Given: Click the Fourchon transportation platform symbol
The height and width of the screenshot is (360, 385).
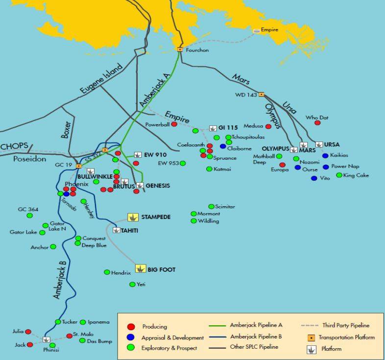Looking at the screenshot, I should (x=180, y=49).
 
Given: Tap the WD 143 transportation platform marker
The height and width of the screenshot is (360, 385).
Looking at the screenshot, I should (x=262, y=94).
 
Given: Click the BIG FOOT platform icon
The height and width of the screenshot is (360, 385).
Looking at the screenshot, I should (x=141, y=269).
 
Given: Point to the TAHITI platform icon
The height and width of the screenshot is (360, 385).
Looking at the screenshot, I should (x=117, y=230).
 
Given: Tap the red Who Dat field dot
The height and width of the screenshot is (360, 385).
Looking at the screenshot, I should (x=317, y=123).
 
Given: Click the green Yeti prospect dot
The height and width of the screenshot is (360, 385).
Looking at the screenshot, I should (x=132, y=285).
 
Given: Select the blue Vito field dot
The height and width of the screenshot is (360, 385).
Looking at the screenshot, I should (x=314, y=178).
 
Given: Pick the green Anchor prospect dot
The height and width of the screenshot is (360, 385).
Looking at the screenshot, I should (x=53, y=247).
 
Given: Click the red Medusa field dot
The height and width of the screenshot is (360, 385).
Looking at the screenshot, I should (x=268, y=127).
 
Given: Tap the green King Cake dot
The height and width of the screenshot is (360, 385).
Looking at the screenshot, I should (x=339, y=175).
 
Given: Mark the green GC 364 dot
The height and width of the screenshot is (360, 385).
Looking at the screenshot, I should (x=29, y=216).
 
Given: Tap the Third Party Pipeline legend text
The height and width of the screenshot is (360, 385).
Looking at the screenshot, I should (x=345, y=325).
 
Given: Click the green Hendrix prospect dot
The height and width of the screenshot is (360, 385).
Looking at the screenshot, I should (x=107, y=272).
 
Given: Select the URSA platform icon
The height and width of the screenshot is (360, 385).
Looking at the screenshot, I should (x=319, y=144).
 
